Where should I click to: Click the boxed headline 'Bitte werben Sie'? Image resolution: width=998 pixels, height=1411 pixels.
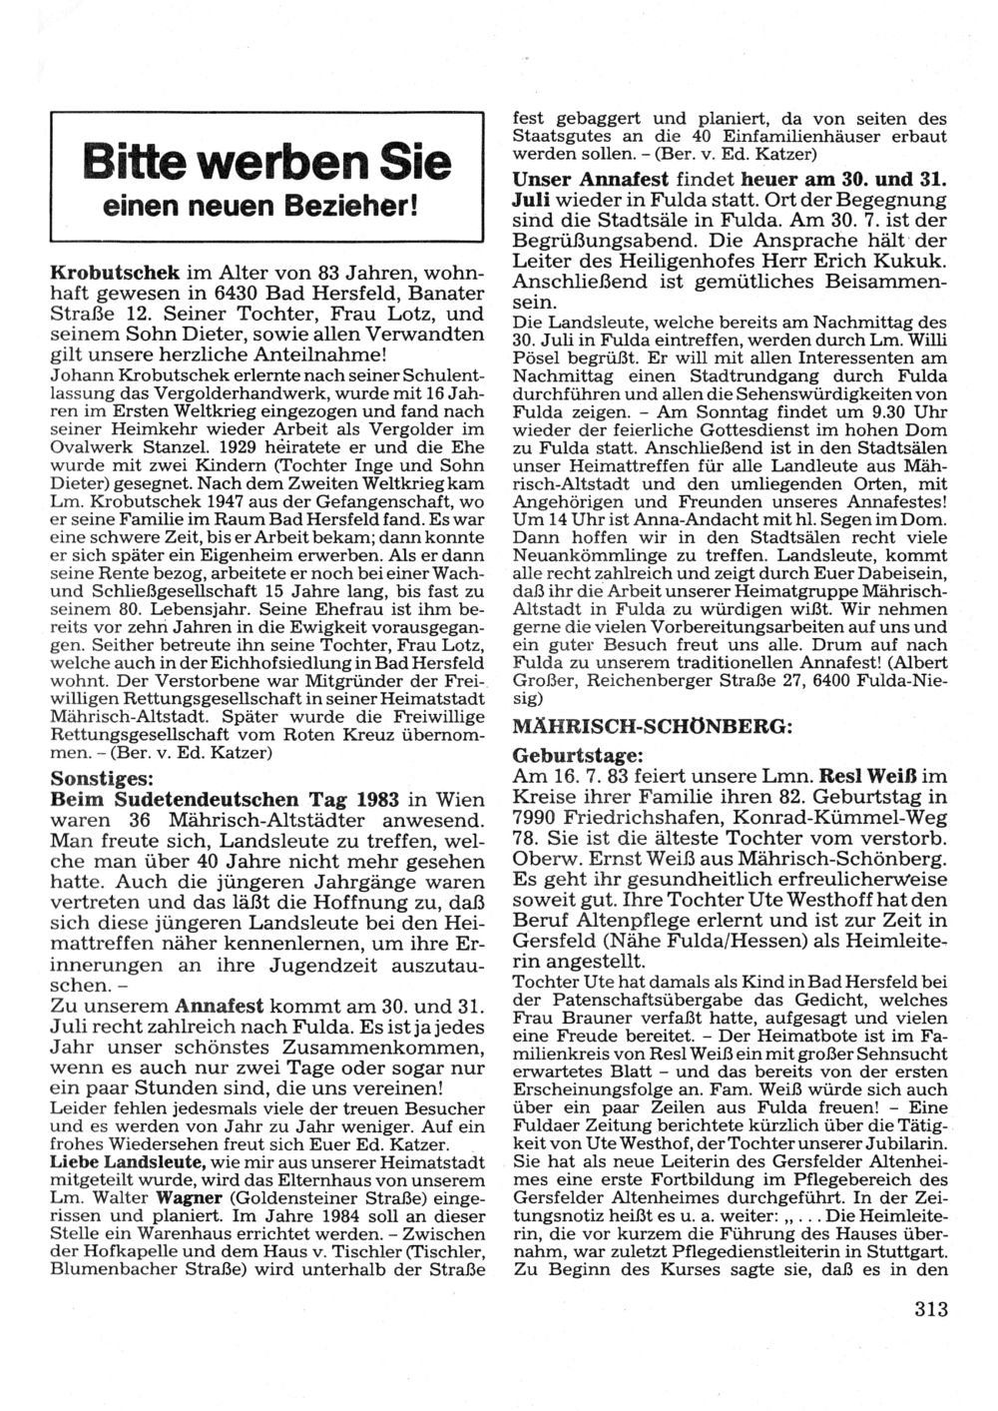(266, 162)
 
